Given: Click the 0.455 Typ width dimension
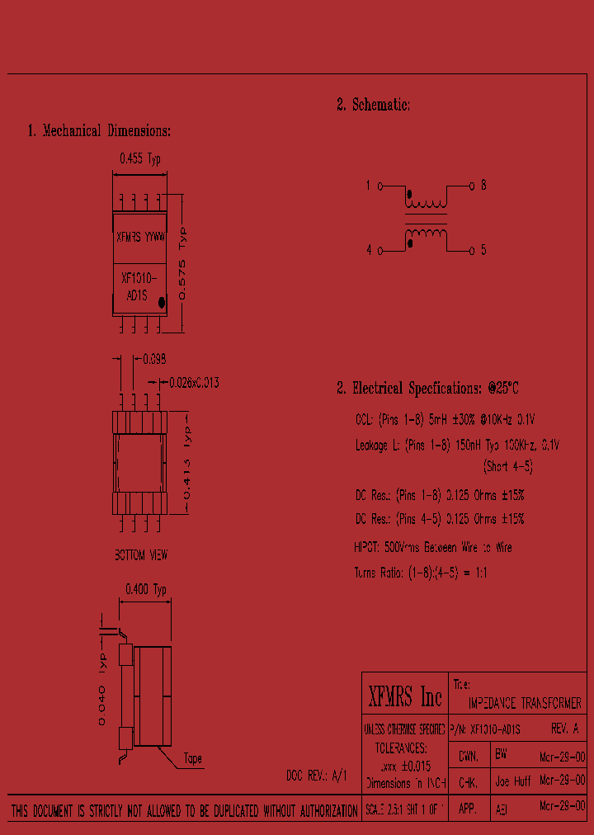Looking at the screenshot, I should tap(140, 159).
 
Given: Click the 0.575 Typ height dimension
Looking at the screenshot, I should tap(183, 263).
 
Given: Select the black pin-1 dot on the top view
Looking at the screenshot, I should tap(162, 303).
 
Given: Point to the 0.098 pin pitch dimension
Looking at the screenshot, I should tap(154, 359).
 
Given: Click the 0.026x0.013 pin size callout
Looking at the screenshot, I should tap(193, 383).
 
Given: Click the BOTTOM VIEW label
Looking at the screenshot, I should tap(141, 555).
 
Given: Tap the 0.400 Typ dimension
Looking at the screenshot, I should tap(145, 589).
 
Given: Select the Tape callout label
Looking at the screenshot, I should tap(192, 758).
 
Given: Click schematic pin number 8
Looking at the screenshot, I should tap(483, 186).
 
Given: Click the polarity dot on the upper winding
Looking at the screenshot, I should tap(410, 196).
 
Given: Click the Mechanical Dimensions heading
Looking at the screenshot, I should tap(99, 130).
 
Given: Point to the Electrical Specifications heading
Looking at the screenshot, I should tap(427, 388).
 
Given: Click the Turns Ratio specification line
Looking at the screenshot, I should tap(420, 572).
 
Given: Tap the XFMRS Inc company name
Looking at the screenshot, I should tap(404, 698).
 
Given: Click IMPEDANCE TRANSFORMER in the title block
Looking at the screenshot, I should tap(525, 703).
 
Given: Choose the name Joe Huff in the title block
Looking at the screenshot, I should tap(512, 779).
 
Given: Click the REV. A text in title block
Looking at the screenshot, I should tap(564, 729).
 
